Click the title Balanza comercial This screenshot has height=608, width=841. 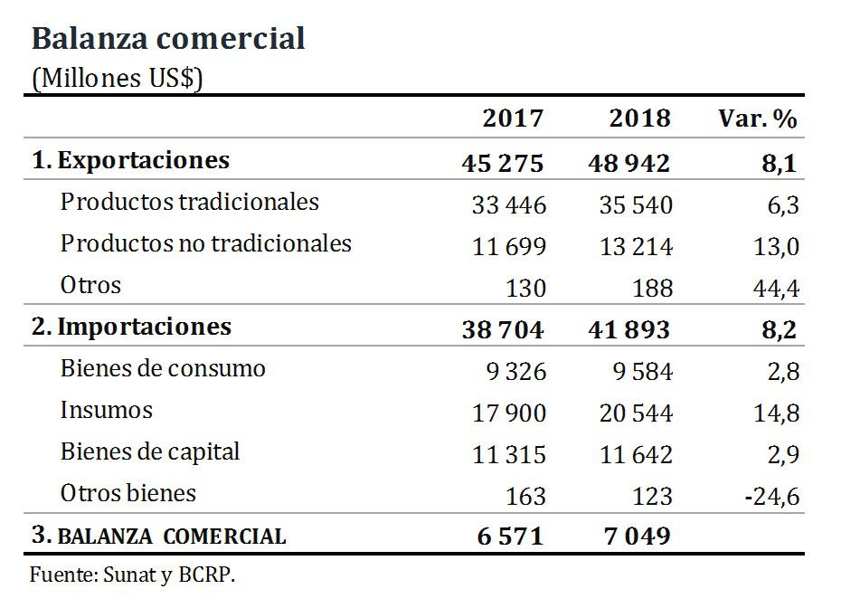click(x=168, y=38)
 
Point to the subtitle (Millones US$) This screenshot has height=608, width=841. click(x=118, y=79)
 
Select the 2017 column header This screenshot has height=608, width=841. click(x=513, y=119)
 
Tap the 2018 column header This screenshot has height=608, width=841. click(x=639, y=119)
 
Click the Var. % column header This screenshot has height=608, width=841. click(x=758, y=119)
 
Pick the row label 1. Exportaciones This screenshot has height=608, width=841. click(x=131, y=161)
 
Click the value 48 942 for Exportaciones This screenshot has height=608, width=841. click(x=628, y=163)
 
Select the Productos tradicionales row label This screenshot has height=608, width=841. click(x=189, y=202)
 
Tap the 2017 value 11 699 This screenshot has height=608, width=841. click(x=508, y=246)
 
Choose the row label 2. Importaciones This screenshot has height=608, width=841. click(x=131, y=327)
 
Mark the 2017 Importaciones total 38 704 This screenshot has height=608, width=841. click(x=502, y=329)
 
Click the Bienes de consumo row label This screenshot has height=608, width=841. click(x=163, y=369)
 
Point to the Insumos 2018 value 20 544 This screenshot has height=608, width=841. click(x=635, y=413)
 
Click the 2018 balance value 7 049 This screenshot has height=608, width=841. click(x=638, y=537)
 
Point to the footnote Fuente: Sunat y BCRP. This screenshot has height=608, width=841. click(x=133, y=575)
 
